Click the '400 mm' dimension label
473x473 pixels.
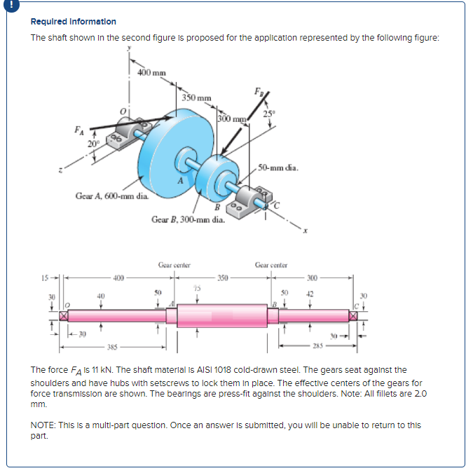click(x=151, y=72)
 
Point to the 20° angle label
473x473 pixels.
click(x=93, y=144)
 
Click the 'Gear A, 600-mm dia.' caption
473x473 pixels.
click(x=111, y=196)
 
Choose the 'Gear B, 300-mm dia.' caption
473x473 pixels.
click(x=188, y=219)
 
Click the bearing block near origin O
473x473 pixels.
click(x=121, y=134)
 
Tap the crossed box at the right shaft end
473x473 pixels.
click(x=362, y=317)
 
